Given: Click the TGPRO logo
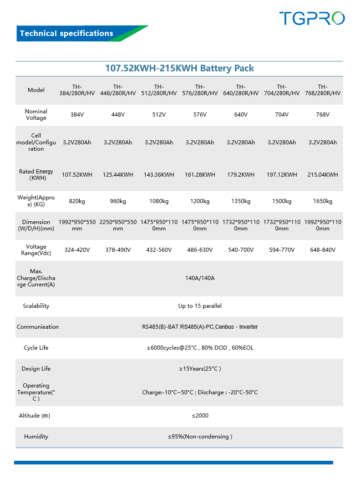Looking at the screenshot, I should [x=312, y=18].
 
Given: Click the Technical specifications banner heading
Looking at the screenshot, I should [x=66, y=33].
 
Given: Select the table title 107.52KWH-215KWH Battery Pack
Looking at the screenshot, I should [x=179, y=68].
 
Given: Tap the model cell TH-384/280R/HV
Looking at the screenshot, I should [x=77, y=90].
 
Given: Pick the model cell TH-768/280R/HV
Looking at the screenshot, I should [x=322, y=90].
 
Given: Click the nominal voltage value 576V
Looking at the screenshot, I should [x=200, y=115].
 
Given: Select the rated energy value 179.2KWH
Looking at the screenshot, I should [x=241, y=175].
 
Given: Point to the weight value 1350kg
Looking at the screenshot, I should [x=241, y=201].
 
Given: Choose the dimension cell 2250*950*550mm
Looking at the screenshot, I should [x=118, y=225].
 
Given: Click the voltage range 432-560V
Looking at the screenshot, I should [x=159, y=250].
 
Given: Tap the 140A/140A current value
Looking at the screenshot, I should [x=200, y=278].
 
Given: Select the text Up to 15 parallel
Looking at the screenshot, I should [x=200, y=306].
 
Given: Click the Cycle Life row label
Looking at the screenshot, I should [x=36, y=348].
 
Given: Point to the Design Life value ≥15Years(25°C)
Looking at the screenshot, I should [x=200, y=369].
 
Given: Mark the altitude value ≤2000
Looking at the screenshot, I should [x=200, y=416].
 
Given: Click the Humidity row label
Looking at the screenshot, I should [x=36, y=437].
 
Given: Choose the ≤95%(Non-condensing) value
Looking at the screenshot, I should [x=200, y=437].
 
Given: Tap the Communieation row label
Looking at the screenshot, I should [x=38, y=327].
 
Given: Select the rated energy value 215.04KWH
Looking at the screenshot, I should [x=322, y=175].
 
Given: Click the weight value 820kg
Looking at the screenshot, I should [x=77, y=201].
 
